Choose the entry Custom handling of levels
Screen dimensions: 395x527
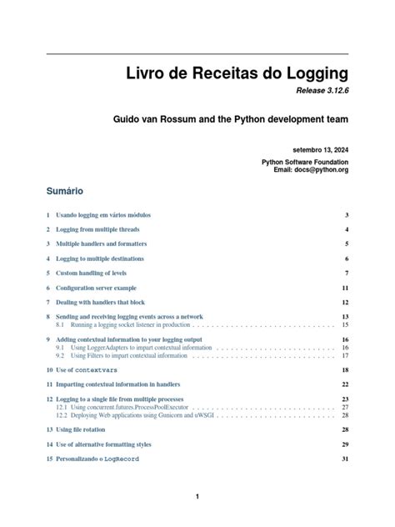(91, 273)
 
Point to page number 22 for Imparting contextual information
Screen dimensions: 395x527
(344, 384)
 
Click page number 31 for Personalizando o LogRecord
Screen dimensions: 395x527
(344, 459)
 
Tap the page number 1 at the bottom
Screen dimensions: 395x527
(197, 497)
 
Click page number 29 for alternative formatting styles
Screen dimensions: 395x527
(344, 444)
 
